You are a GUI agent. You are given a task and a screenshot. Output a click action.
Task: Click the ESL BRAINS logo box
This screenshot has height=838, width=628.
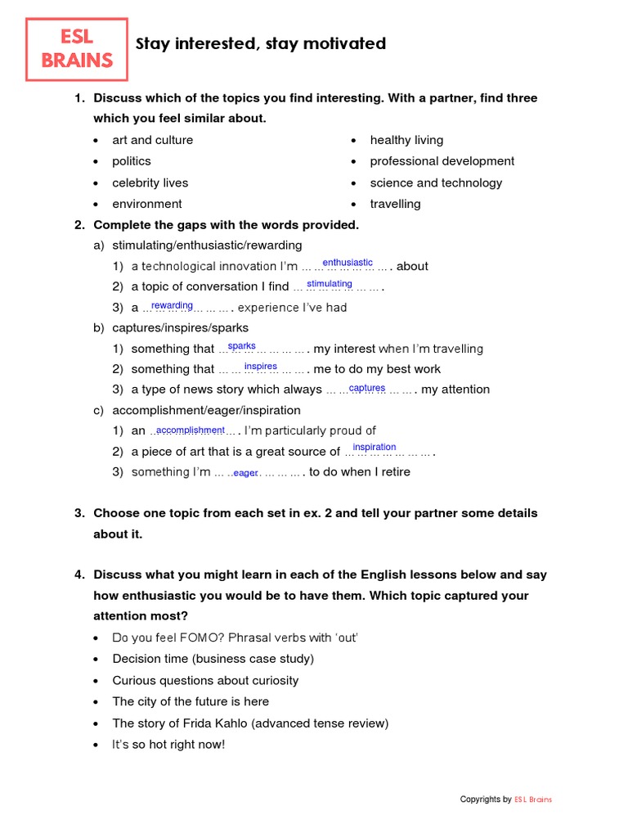(x=77, y=49)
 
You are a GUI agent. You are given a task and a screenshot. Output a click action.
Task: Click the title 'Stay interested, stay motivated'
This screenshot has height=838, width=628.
(x=260, y=44)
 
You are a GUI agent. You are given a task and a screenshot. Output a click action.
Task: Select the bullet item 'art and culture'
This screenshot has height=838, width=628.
(x=152, y=140)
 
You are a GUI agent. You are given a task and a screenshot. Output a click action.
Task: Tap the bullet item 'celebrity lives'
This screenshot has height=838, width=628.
(x=150, y=182)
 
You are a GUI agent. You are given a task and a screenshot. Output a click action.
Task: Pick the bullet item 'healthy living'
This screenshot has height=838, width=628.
(x=406, y=140)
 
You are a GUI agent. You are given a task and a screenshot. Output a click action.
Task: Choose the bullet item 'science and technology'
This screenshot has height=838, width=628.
(x=436, y=182)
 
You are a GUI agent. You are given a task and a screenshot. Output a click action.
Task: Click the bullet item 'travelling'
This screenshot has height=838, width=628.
(x=395, y=204)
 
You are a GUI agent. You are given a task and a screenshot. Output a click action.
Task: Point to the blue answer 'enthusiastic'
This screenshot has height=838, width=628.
(x=348, y=263)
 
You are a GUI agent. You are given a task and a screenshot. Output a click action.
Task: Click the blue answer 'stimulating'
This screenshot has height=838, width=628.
(x=330, y=284)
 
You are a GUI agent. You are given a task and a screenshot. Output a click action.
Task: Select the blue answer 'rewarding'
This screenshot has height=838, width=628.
(x=172, y=305)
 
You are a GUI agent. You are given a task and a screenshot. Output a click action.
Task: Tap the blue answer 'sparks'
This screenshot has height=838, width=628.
(x=241, y=346)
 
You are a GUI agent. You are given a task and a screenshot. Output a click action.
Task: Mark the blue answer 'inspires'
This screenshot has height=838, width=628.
(x=261, y=367)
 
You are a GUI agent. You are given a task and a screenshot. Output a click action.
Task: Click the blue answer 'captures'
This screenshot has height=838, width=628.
(x=367, y=388)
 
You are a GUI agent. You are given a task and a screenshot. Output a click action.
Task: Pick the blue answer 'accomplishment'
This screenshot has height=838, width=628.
(x=190, y=430)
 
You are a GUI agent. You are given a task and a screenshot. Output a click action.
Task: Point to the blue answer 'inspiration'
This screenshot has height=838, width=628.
(x=375, y=447)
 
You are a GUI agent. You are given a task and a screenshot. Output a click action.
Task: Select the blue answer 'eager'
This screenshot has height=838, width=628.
(x=245, y=473)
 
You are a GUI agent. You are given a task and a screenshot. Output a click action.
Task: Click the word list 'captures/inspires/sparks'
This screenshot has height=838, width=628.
(x=179, y=327)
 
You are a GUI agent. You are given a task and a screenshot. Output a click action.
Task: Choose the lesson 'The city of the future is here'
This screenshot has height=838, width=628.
(x=191, y=701)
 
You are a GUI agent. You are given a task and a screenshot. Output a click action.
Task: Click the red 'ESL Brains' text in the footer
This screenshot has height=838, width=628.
(x=533, y=800)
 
